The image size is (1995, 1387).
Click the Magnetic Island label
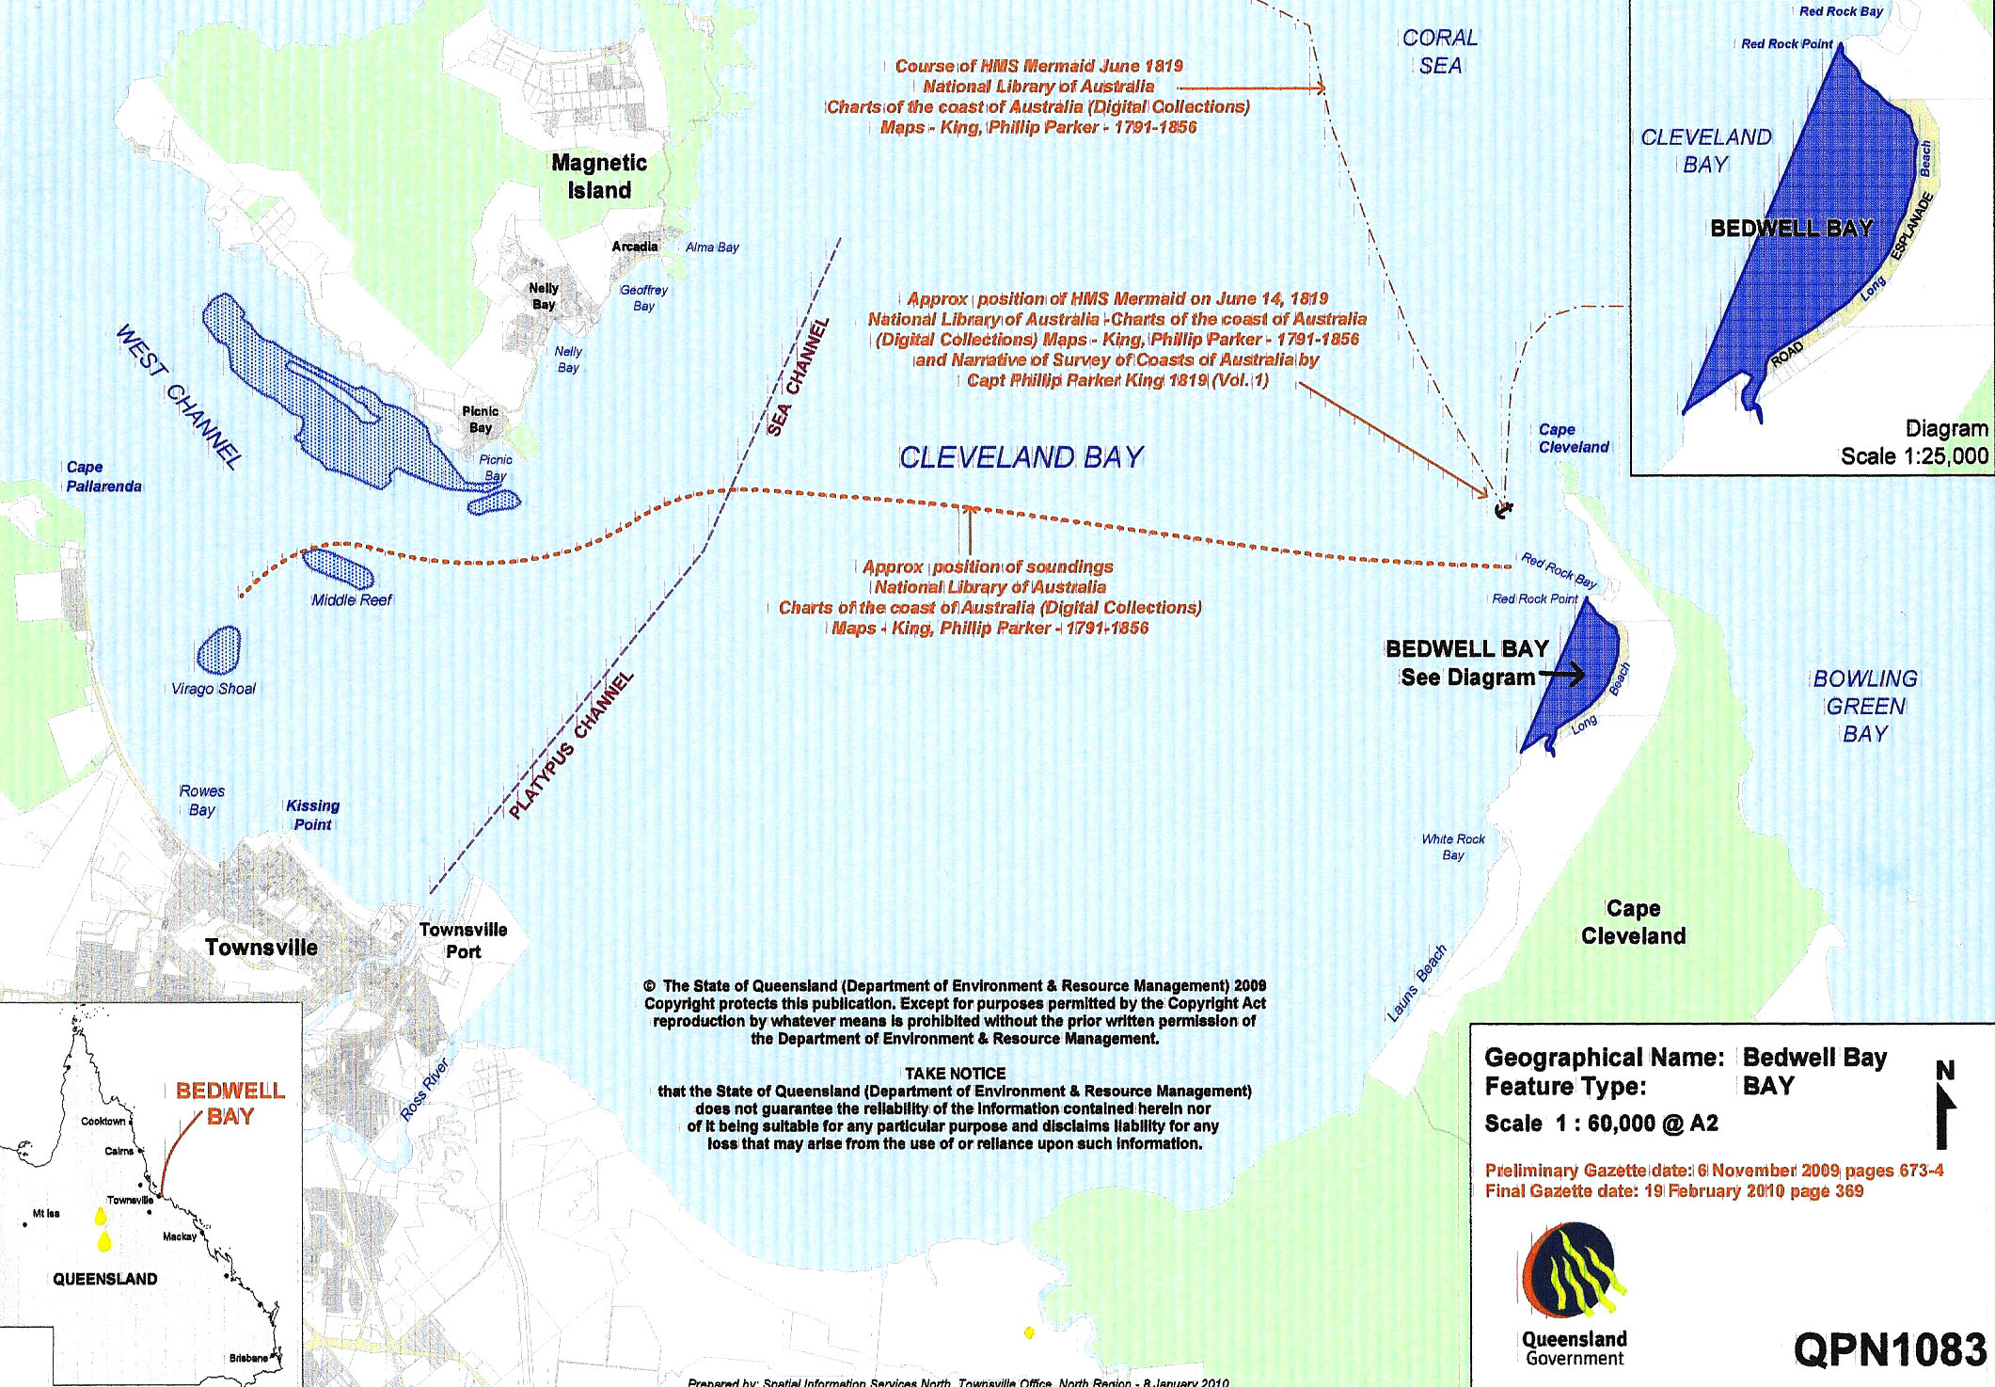[x=599, y=177]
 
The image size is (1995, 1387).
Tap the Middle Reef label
[x=352, y=600]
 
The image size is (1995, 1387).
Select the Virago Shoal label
[x=214, y=689]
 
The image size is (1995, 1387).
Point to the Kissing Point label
[x=312, y=815]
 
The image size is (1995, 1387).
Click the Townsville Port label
[x=463, y=940]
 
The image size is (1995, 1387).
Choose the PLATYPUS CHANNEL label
[x=571, y=744]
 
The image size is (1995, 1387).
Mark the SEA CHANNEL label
[x=798, y=376]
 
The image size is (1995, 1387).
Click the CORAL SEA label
[x=1440, y=52]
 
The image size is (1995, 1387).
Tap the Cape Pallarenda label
[x=103, y=477]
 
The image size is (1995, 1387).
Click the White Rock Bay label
[x=1453, y=847]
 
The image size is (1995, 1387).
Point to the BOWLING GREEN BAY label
[x=1864, y=706]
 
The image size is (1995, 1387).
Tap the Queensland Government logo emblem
[x=1574, y=1270]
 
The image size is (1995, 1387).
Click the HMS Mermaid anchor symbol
[x=1503, y=509]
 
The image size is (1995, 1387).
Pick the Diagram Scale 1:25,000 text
[x=1914, y=442]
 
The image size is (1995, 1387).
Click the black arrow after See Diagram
[x=1561, y=675]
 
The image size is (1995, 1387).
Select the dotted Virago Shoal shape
[x=219, y=650]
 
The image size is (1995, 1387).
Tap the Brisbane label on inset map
[x=248, y=1358]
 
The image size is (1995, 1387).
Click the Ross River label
[x=425, y=1090]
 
